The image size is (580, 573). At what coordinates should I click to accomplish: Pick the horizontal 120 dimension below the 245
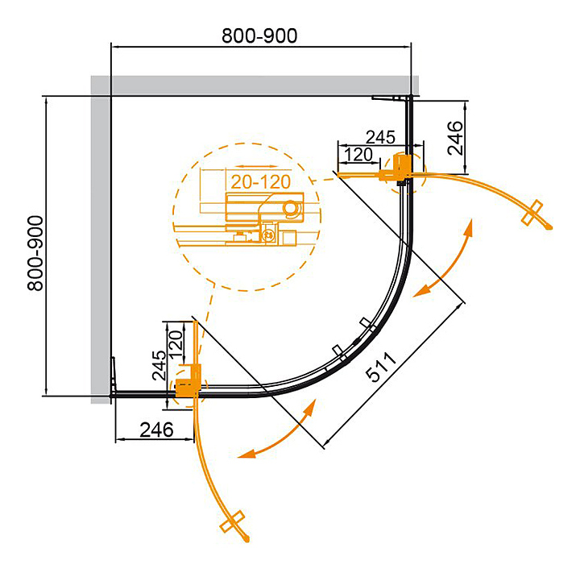[358, 153]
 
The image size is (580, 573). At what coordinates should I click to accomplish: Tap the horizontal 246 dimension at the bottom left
[156, 430]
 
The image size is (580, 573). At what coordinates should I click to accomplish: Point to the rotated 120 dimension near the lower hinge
[178, 343]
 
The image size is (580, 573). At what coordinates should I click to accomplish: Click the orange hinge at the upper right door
[400, 167]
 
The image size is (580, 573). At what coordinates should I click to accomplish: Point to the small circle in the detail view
[291, 209]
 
